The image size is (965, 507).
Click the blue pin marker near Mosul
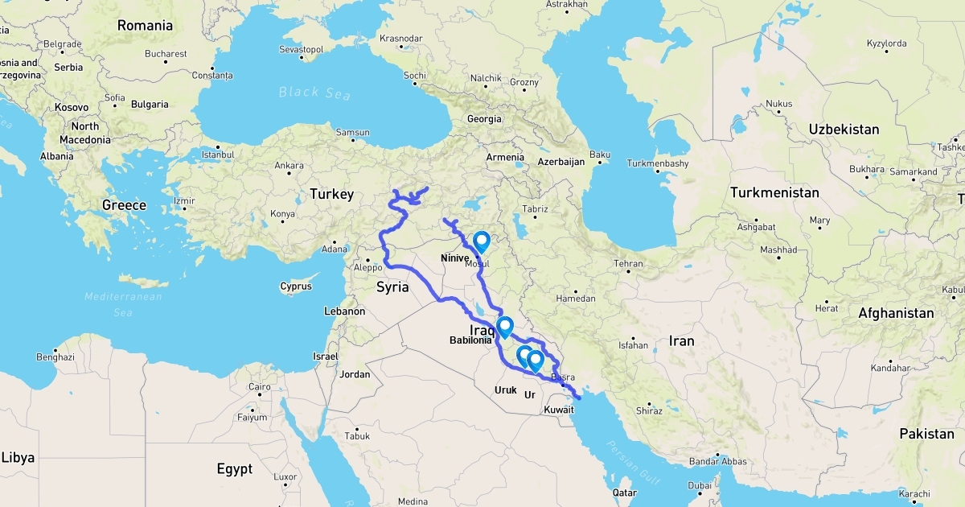click(x=481, y=241)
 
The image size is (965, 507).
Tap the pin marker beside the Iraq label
click(x=505, y=327)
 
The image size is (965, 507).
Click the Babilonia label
click(x=470, y=340)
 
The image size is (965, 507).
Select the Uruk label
click(x=506, y=390)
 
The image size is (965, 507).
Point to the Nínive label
click(x=455, y=258)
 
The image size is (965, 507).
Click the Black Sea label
click(x=315, y=93)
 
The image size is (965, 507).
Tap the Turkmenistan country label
click(x=774, y=193)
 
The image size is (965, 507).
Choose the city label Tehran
click(x=628, y=264)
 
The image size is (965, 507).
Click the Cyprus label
click(x=295, y=286)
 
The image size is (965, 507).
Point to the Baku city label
click(x=600, y=154)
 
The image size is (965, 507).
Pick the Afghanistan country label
click(x=896, y=313)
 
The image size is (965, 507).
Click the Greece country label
click(x=124, y=205)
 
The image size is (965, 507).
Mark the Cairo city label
click(x=259, y=387)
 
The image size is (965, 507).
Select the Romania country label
click(x=145, y=26)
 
